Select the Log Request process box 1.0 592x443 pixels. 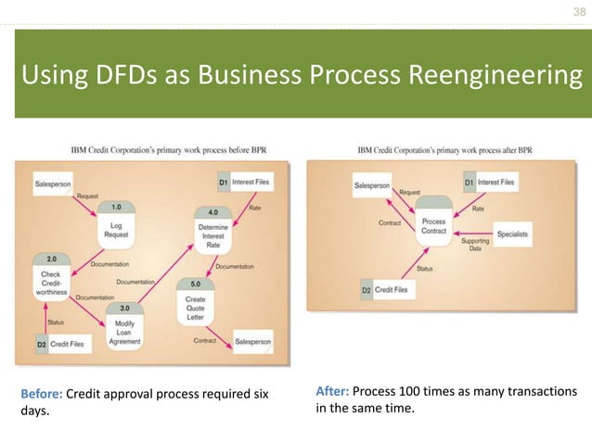coord(116,225)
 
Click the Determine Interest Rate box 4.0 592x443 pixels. coord(212,227)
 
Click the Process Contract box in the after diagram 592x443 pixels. coord(433,226)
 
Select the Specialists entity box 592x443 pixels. coord(512,234)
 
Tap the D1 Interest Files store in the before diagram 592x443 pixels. coord(245,182)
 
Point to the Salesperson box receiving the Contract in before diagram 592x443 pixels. coord(252,342)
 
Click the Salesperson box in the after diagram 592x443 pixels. coord(371,185)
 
